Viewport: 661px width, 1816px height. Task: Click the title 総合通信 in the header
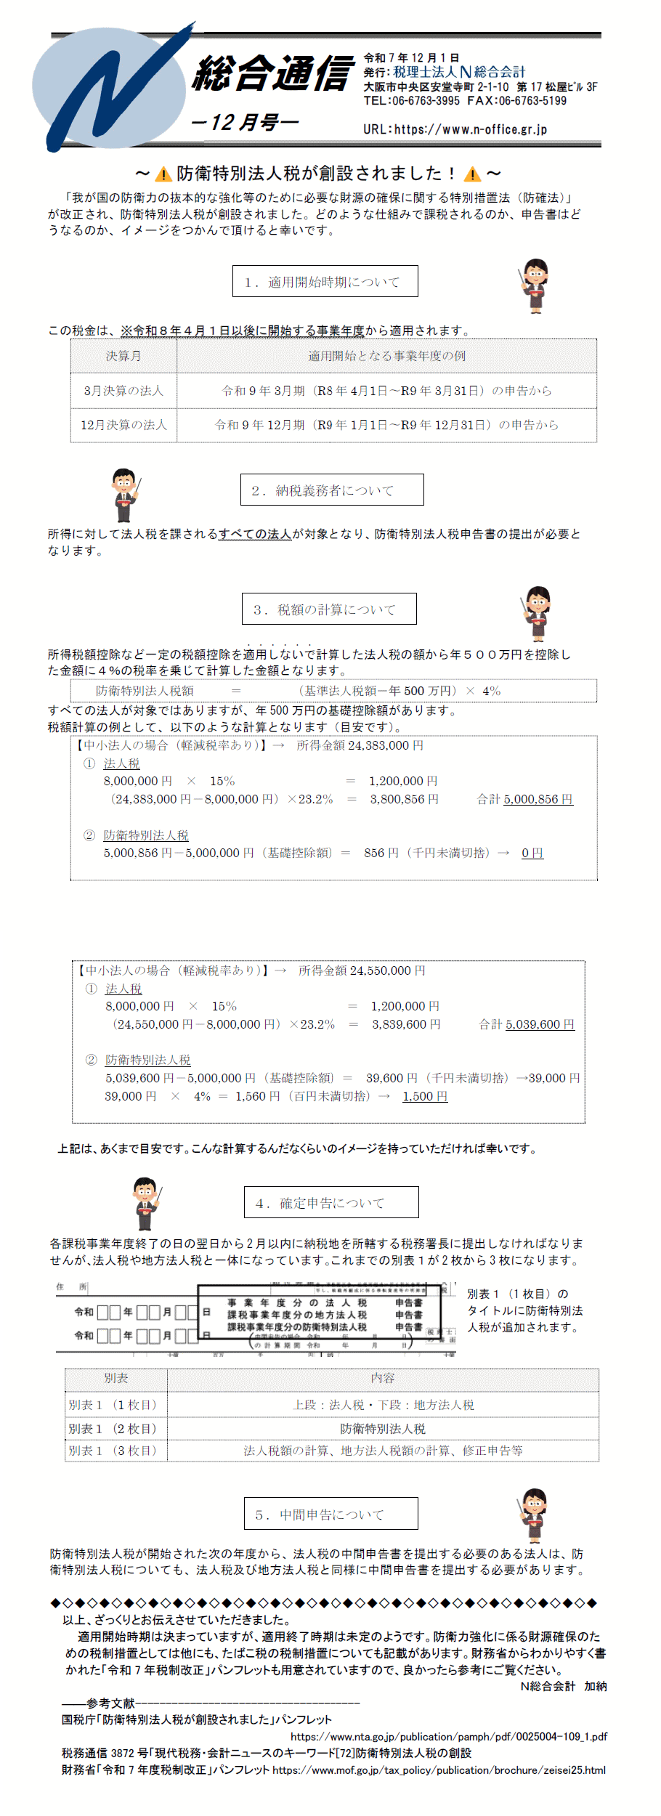274,74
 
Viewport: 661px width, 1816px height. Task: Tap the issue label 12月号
245,122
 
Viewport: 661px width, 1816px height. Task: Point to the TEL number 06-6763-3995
426,101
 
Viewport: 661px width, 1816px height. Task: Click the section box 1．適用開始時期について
325,282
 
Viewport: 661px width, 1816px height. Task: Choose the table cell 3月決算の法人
123,391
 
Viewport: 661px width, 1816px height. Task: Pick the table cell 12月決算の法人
123,425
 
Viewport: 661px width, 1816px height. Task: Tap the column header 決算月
123,356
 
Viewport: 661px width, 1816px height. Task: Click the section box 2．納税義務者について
332,490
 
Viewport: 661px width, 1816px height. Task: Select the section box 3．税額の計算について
329,609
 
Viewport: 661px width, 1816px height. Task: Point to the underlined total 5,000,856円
538,799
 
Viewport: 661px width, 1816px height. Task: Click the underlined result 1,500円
425,1096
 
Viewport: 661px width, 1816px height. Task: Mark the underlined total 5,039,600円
540,1024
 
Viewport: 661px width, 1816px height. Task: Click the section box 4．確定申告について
331,1203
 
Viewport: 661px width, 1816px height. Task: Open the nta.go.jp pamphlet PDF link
448,1736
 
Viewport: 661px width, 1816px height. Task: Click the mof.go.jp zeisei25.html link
439,1770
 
